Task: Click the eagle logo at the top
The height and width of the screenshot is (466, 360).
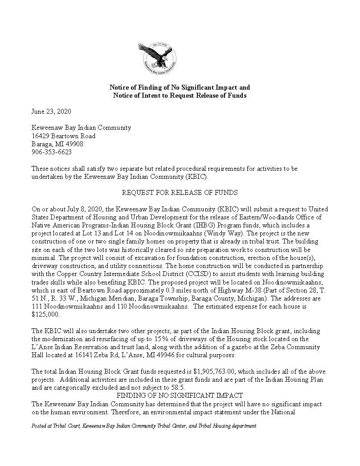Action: [157, 58]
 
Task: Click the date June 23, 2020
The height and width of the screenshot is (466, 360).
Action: [51, 111]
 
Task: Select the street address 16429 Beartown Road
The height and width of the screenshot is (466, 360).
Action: [63, 136]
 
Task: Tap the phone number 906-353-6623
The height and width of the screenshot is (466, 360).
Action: [52, 152]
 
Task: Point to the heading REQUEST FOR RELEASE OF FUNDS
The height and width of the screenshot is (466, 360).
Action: [180, 193]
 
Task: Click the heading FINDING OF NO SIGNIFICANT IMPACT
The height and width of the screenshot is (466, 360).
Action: [180, 396]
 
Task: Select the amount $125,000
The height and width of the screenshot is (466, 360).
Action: [45, 314]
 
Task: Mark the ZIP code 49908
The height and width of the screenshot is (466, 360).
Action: [74, 144]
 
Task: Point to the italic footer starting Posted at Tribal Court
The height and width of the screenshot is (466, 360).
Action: [144, 426]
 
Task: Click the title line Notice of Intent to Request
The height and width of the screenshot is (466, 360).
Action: [180, 95]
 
